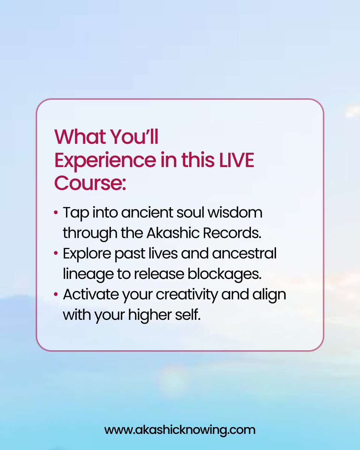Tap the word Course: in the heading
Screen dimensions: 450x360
[90, 183]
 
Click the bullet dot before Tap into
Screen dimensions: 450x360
[56, 213]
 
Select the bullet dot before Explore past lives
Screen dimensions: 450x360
[56, 253]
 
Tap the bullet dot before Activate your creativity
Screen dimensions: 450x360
[56, 294]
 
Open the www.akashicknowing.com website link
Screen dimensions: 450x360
[180, 429]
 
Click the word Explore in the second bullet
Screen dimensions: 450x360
[87, 253]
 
